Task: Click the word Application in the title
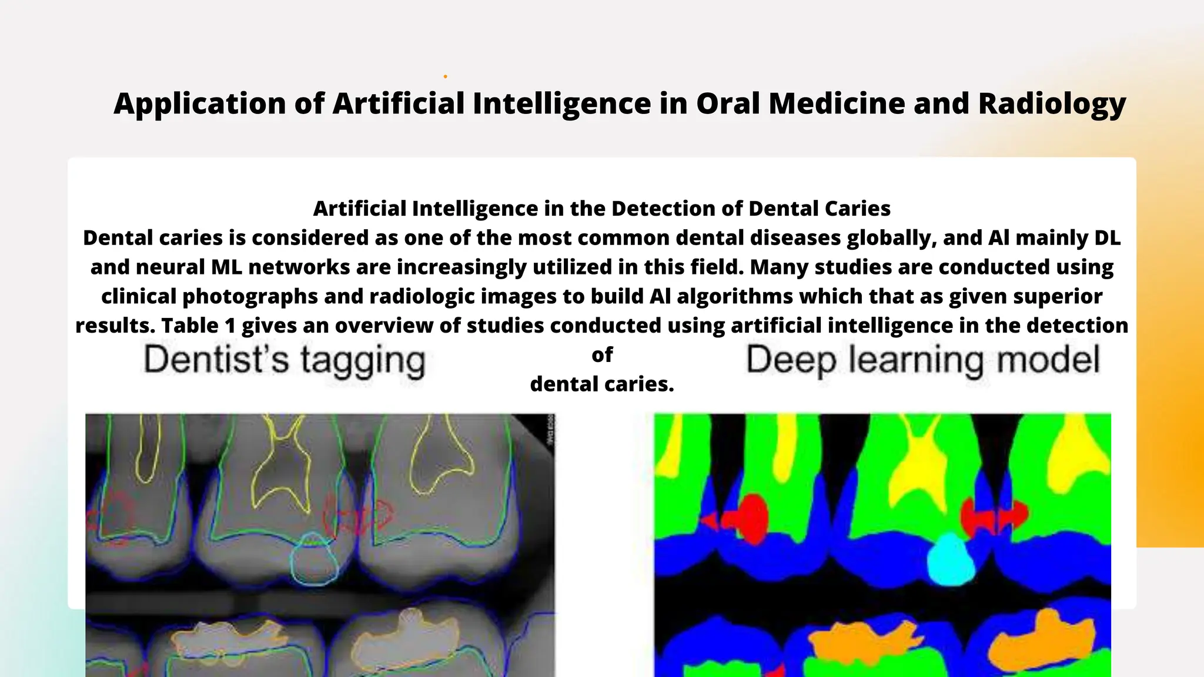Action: [200, 104]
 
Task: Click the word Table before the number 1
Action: [190, 326]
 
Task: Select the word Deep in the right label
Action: [791, 360]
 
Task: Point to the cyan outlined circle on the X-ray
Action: [315, 561]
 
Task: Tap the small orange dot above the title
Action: [445, 76]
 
